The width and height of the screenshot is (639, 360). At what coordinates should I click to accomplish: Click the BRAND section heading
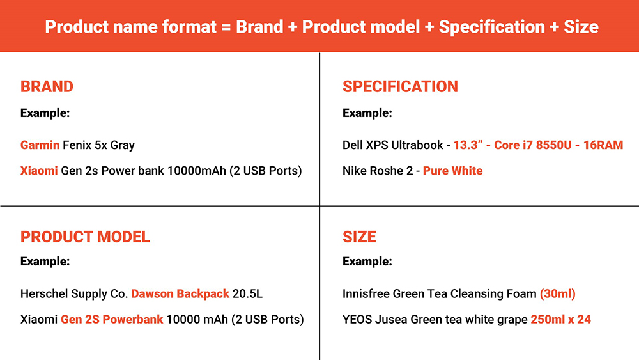47,86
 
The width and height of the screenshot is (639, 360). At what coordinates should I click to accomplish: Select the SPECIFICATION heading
400,86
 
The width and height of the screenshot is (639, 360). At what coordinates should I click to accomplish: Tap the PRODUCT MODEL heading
85,237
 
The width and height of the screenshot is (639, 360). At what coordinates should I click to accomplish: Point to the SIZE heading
359,237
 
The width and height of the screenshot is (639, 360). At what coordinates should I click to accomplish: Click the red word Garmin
40,145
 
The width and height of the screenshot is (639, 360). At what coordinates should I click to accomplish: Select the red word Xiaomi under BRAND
39,171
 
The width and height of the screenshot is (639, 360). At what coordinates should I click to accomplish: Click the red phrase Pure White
453,171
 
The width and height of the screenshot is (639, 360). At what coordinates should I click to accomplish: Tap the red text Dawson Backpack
180,293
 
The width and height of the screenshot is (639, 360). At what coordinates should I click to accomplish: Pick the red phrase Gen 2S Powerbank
112,319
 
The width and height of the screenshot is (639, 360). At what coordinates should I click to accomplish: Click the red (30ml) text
557,293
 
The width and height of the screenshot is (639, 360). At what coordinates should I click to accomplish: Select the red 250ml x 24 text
561,319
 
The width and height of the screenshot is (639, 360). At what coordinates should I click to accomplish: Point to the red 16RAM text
603,145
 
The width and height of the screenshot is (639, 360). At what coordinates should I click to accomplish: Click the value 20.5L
247,293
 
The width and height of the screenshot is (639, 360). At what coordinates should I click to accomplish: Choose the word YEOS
357,319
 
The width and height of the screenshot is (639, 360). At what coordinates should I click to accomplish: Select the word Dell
352,145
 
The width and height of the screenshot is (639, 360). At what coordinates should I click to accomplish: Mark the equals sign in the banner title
226,27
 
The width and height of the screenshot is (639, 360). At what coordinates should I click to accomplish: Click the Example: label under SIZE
367,262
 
